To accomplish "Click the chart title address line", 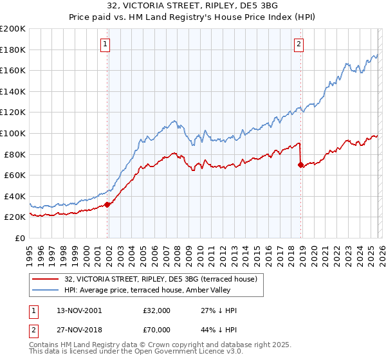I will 193,6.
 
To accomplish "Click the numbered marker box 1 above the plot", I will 105,44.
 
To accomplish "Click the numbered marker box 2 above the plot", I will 299,44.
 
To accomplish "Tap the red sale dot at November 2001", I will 107,204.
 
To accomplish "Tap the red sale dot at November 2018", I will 301,165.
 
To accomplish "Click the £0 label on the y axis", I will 19,238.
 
